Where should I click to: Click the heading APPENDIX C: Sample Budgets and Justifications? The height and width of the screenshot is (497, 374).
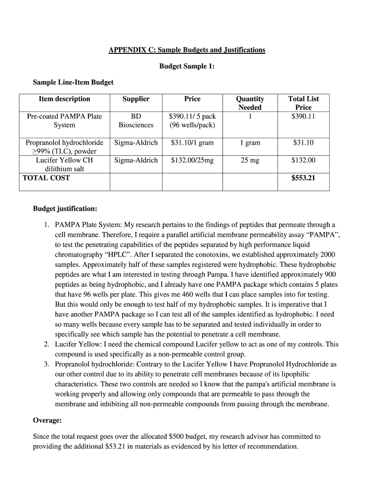coord(187,50)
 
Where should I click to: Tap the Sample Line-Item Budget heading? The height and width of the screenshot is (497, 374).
coord(73,83)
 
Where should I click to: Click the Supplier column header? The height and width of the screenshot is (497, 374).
coord(136,99)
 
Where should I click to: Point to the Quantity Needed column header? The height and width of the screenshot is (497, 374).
coord(250,103)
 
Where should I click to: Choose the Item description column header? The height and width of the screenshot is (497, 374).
coord(65,99)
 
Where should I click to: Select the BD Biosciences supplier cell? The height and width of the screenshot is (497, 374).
coord(136,120)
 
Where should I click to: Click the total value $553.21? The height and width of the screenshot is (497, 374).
coord(303,178)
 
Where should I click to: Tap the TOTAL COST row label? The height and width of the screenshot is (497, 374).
coord(46,178)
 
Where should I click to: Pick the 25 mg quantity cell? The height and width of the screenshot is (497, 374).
coord(250,161)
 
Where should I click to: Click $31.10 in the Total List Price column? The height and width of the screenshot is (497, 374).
coord(303,143)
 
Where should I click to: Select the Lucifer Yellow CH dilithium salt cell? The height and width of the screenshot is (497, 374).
coord(65,165)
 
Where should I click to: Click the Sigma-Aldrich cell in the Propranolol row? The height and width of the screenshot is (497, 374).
coord(136,143)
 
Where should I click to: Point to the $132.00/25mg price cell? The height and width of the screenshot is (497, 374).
coord(192,161)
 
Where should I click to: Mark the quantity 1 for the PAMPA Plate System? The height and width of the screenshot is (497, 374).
coord(250,116)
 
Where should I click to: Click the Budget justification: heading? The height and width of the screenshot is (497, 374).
coord(65,209)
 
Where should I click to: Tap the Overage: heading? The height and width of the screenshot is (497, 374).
coord(47,420)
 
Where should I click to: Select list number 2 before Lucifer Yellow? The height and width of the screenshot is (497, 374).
coord(46,344)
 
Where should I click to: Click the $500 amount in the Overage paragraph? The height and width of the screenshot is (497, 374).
coord(180,437)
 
